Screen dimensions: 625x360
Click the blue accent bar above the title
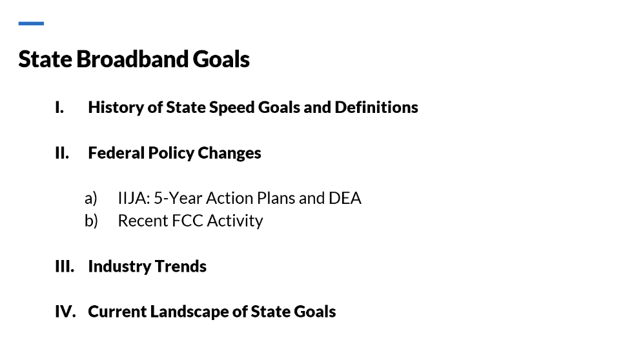click(x=31, y=23)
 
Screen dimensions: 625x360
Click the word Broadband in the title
click(x=132, y=59)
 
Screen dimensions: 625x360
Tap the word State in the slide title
click(x=45, y=59)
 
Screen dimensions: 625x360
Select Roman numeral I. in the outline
click(x=59, y=108)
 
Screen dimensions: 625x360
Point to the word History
click(x=116, y=108)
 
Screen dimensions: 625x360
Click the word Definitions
click(x=376, y=108)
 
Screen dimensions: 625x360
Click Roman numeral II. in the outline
click(x=62, y=153)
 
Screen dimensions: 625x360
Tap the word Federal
click(x=116, y=153)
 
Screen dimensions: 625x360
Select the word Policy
click(x=171, y=154)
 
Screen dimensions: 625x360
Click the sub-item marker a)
click(x=91, y=198)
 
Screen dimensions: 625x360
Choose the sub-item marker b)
click(x=91, y=221)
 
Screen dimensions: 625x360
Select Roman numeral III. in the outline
click(x=65, y=266)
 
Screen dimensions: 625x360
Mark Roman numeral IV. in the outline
click(x=65, y=312)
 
